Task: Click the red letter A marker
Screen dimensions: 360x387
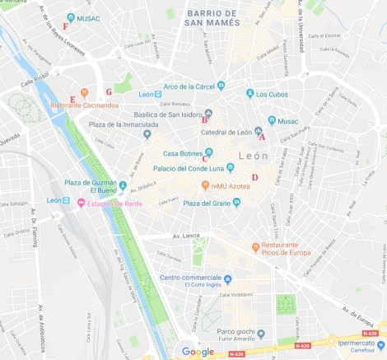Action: (262, 138)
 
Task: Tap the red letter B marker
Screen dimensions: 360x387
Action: (204, 120)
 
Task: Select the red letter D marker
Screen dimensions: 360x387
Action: (254, 177)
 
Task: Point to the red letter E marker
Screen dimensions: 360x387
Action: (72, 100)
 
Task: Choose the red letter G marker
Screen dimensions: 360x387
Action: (109, 91)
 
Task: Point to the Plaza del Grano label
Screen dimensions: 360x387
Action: (203, 203)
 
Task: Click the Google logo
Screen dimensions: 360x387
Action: (198, 352)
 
